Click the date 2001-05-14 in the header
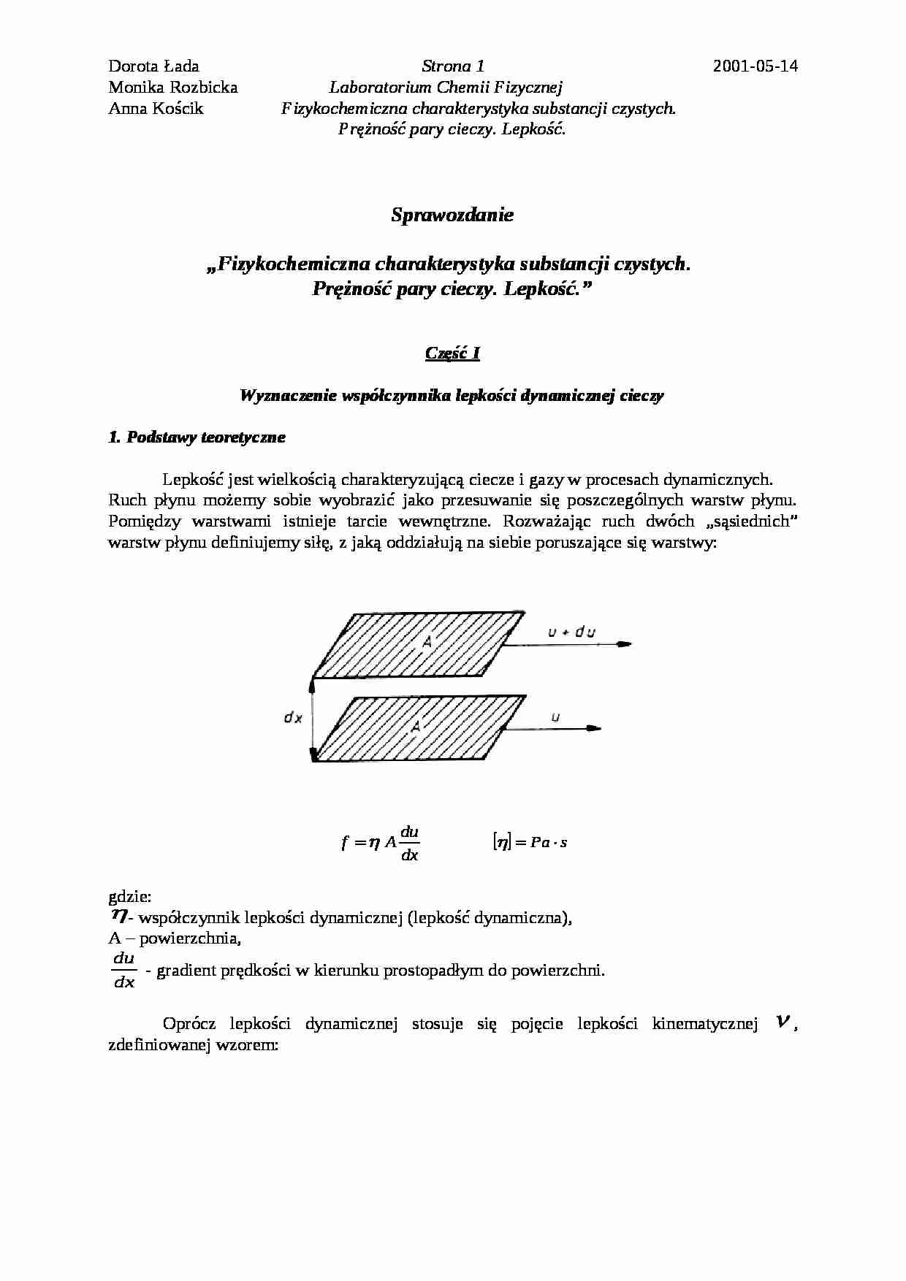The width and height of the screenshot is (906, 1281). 755,66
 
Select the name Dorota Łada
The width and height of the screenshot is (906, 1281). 153,66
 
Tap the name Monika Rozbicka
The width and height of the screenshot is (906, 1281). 173,88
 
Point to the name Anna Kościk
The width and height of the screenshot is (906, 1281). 156,109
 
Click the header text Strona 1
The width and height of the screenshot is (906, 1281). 452,66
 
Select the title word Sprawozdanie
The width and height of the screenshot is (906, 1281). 452,215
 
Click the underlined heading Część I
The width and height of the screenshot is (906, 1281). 452,353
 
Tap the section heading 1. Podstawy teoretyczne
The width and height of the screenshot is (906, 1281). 197,437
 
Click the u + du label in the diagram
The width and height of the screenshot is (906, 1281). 571,632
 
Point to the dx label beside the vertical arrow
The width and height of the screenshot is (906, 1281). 293,718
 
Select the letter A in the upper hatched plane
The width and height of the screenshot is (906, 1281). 428,641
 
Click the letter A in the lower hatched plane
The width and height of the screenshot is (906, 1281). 416,726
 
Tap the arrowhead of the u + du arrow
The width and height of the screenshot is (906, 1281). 624,644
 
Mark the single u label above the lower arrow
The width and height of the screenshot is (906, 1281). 555,717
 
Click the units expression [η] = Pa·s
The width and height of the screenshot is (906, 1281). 530,842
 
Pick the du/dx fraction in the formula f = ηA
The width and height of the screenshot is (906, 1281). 409,843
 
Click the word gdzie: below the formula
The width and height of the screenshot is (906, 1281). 130,896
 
